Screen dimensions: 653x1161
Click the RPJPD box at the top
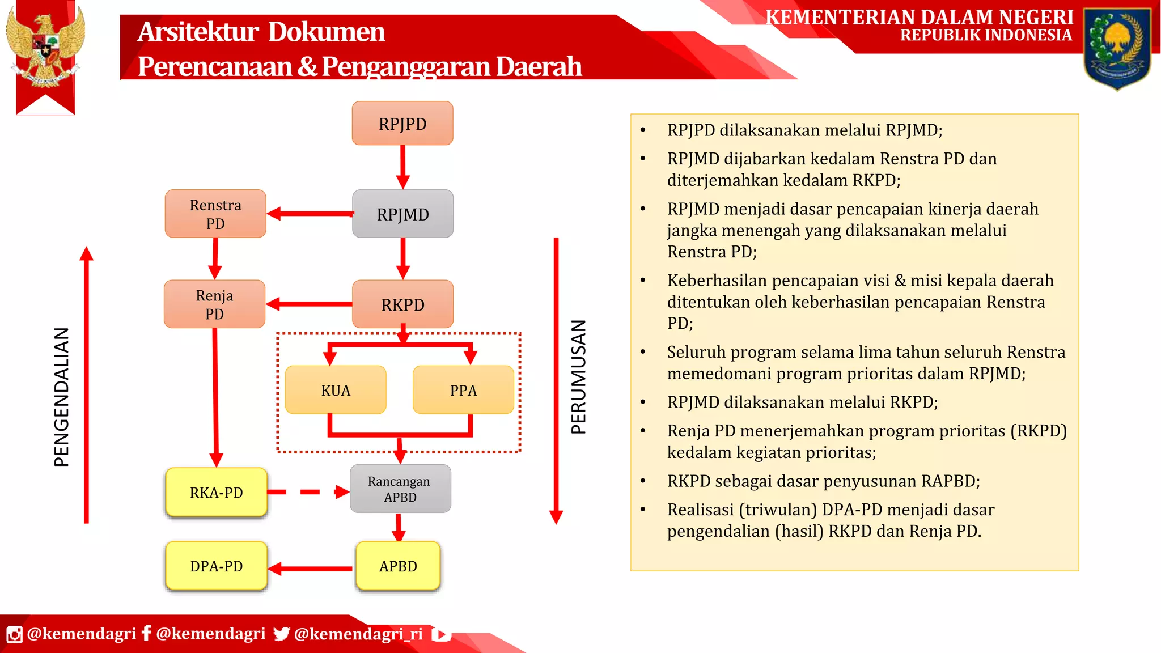402,124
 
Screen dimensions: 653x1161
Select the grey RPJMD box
402,214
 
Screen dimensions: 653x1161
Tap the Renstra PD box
215,214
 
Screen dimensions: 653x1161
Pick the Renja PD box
214,304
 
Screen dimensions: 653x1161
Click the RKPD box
402,304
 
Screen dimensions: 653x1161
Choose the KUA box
336,390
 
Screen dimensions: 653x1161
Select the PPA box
463,390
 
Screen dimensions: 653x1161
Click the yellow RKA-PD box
216,492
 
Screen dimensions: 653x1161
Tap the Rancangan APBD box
400,489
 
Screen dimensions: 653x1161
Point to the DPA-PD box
216,566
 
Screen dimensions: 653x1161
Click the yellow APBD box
398,566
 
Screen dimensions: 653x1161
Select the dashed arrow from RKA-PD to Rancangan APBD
309,492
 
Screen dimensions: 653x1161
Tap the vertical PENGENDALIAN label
62,397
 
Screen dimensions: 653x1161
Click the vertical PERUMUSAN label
578,377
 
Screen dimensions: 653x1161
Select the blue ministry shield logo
1117,48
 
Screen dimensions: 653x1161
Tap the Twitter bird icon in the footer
281,634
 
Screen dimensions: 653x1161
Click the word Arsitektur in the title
198,32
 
